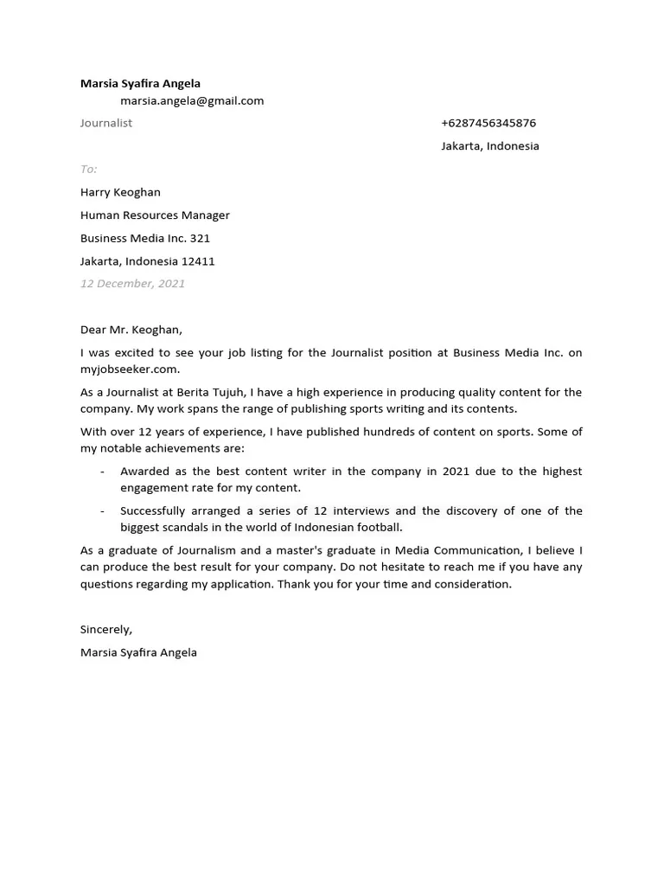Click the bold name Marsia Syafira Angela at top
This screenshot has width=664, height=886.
140,84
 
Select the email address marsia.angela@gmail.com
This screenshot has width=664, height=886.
192,100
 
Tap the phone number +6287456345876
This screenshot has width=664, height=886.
488,123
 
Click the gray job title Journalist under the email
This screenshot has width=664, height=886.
106,123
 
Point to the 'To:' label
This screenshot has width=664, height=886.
88,169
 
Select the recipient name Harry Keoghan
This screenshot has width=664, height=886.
120,192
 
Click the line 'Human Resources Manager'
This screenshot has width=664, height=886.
155,215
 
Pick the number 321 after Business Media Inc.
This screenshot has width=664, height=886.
200,238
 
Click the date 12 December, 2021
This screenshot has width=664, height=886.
132,284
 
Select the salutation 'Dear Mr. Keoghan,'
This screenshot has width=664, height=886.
131,330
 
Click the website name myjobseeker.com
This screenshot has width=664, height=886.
130,369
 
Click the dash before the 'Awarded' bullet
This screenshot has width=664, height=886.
103,472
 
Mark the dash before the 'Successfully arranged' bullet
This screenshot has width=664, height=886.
103,511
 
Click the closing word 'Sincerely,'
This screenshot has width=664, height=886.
106,629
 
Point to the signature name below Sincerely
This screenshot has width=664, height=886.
138,652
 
